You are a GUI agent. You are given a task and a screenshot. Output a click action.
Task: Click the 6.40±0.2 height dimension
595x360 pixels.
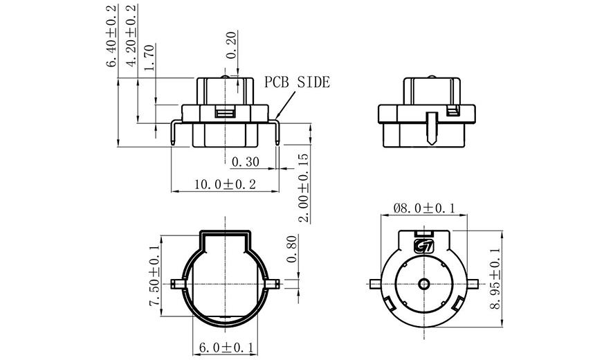click(111, 35)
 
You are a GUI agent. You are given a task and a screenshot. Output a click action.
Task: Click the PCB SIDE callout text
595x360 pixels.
click(297, 82)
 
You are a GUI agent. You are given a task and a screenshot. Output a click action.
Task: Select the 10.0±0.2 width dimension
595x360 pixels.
click(225, 184)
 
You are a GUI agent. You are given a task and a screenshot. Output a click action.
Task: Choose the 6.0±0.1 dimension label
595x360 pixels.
click(226, 346)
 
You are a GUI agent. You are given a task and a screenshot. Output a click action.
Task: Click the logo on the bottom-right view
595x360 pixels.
click(423, 244)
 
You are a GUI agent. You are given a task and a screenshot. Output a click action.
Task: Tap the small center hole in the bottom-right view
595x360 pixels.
click(423, 284)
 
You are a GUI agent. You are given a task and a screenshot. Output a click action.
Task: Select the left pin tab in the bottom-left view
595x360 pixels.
click(176, 283)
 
